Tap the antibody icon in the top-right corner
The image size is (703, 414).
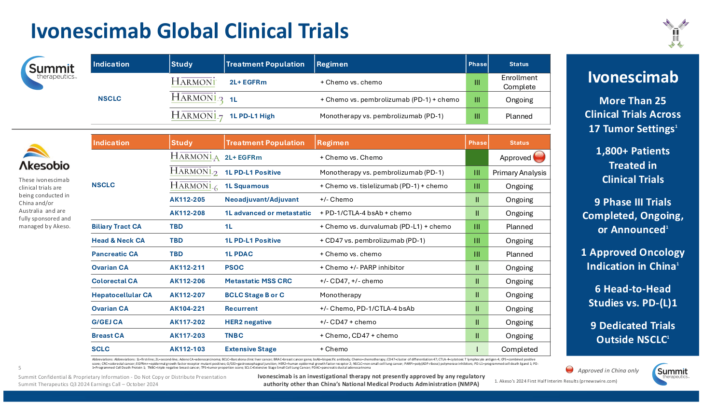click(x=675, y=33)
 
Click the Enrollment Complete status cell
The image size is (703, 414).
click(x=519, y=82)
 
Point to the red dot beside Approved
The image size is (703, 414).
click(x=539, y=157)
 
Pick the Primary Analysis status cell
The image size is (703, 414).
click(x=519, y=173)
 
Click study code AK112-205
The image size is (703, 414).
click(x=187, y=199)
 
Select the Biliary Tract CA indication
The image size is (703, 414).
click(x=117, y=226)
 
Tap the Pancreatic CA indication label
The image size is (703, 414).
click(x=115, y=254)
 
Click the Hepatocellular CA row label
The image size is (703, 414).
click(x=122, y=295)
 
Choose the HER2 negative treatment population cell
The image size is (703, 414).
click(x=248, y=322)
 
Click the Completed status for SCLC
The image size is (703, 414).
click(x=519, y=349)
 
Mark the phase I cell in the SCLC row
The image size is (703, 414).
click(x=477, y=349)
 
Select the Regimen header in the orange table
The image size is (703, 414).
click(x=333, y=143)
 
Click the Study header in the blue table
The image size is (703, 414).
click(x=182, y=64)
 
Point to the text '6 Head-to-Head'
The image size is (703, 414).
click(x=633, y=289)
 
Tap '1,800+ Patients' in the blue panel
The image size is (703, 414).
click(x=633, y=151)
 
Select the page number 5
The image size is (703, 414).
click(x=20, y=368)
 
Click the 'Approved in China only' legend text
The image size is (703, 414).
click(x=608, y=371)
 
